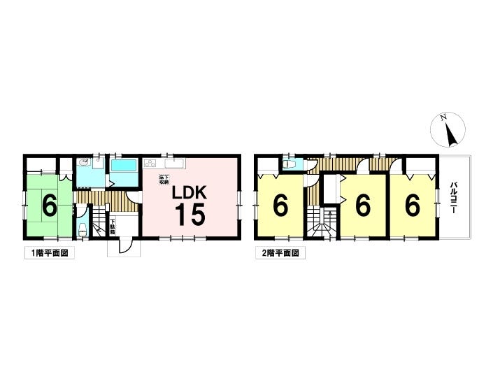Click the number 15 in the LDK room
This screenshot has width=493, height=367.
(190, 215)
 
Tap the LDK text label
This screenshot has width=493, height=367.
(190, 192)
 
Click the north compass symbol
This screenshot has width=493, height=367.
(446, 131)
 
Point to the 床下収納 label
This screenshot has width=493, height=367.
(162, 180)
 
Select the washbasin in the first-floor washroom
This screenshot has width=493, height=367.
(84, 163)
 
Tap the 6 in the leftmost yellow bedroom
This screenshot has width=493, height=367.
(280, 206)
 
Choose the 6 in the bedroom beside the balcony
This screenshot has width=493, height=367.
(413, 206)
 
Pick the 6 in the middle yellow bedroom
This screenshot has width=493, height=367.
(362, 206)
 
